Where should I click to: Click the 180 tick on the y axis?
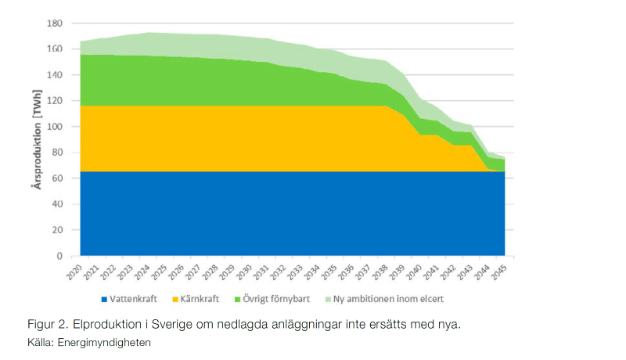(54, 23)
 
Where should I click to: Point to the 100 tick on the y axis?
(54, 127)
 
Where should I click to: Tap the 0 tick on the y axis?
(58, 256)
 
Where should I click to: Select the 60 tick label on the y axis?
(56, 178)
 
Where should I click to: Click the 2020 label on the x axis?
(74, 273)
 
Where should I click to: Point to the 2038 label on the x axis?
(380, 273)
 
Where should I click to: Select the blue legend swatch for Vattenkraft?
(105, 299)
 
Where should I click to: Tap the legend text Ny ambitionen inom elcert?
(388, 299)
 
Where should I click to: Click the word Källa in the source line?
(40, 342)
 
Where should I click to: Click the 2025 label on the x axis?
(160, 273)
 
